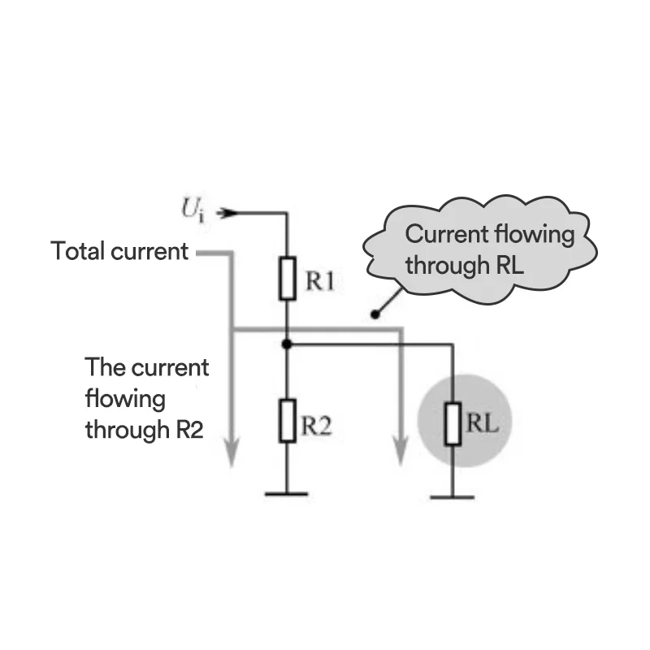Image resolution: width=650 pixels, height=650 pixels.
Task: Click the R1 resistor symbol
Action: coord(286,279)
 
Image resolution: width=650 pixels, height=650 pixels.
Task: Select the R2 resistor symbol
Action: coord(286,421)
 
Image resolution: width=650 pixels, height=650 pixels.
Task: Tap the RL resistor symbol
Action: coord(453,423)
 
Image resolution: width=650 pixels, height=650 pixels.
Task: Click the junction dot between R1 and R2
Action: coord(286,344)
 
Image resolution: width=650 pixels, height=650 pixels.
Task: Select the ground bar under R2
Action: coord(286,493)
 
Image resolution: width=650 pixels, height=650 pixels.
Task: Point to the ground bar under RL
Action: coord(452,496)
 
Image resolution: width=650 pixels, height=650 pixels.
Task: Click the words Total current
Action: coord(119,251)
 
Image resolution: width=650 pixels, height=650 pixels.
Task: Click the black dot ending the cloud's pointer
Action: coord(375,314)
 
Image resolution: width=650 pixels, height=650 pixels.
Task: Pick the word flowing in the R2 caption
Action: coord(125,399)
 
